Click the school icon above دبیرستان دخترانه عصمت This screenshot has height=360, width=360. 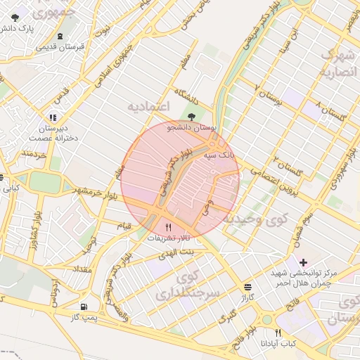[x=53, y=117]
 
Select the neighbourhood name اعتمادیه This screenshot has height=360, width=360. [x=149, y=105]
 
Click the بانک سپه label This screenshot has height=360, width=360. [x=218, y=153]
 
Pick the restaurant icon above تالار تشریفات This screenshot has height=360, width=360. [x=167, y=226]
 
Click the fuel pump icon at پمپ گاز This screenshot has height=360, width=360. [x=84, y=307]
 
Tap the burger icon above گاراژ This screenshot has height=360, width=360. [x=247, y=287]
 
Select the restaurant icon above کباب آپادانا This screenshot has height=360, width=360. [x=279, y=333]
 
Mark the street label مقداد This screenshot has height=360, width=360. [x=82, y=269]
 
